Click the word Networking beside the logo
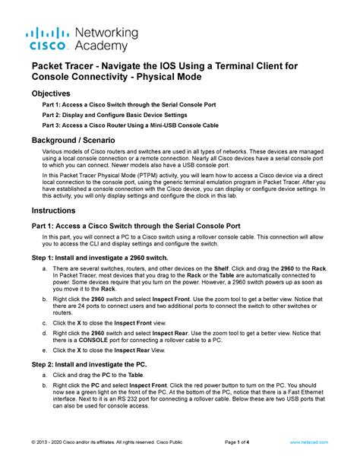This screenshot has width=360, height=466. pos(107,33)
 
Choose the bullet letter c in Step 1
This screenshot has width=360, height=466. pos(46,322)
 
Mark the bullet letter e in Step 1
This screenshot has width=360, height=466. pos(46,350)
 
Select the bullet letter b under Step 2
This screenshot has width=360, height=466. pos(46,386)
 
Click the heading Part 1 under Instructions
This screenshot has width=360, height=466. pos(136,226)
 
